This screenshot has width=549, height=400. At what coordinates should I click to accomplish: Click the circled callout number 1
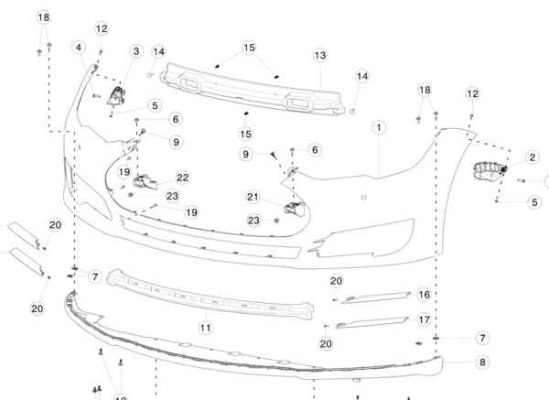coord(377,127)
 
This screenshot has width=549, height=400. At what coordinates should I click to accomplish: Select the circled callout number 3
coord(136,51)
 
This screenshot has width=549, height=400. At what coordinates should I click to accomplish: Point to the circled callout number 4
coord(81,47)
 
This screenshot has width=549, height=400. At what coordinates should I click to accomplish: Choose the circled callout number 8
coord(482,362)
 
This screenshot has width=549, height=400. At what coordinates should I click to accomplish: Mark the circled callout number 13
coord(320,55)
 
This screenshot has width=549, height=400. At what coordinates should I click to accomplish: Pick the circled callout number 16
coord(424,295)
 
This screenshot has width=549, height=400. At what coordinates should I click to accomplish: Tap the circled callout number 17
coord(424,319)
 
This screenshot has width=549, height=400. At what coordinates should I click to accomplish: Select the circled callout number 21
coord(253,196)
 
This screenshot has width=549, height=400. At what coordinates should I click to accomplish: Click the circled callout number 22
coord(183,178)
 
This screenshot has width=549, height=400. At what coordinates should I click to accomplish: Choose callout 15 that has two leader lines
coord(250,47)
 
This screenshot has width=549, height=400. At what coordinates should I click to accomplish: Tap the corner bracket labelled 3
coord(117,96)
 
